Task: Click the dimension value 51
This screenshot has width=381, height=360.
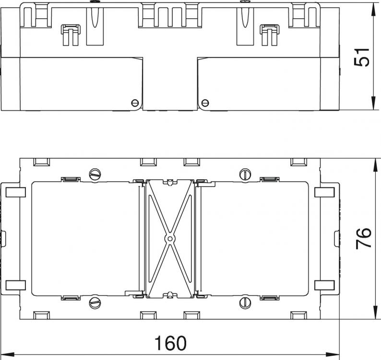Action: tap(361, 58)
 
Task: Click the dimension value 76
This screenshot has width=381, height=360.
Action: tap(363, 238)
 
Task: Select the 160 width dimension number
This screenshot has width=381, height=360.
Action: tap(170, 343)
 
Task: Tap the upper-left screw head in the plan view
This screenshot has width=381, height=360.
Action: tap(95, 174)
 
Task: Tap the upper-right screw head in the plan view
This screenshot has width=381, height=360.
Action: tap(245, 174)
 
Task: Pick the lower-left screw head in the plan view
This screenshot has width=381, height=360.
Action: tap(95, 302)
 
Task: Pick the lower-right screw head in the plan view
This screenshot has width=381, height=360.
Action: tap(245, 302)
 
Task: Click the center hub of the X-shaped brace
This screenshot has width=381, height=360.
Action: tap(170, 239)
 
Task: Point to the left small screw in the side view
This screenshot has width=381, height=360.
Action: tap(135, 103)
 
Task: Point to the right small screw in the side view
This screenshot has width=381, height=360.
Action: tap(205, 103)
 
